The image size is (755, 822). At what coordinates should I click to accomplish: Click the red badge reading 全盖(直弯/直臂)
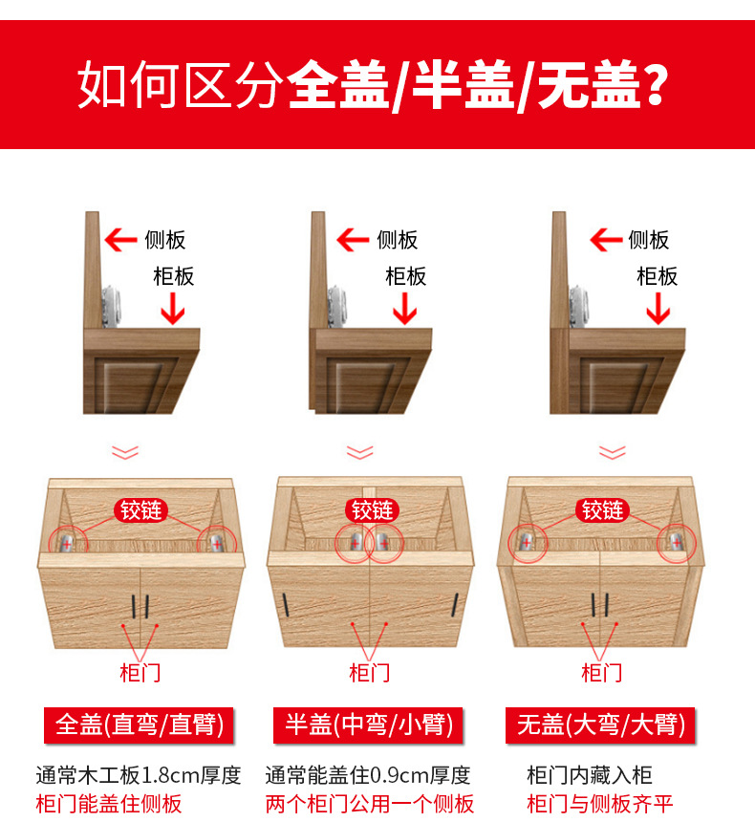click(x=140, y=725)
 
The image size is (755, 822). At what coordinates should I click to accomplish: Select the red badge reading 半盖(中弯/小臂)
click(x=369, y=725)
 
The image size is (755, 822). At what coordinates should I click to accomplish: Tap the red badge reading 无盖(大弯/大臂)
click(x=601, y=725)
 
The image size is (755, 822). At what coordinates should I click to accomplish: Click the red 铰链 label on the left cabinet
click(x=141, y=510)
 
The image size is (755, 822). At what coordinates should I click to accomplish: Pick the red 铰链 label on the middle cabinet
click(x=372, y=510)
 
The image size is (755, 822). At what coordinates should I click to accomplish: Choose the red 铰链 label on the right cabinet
click(x=602, y=510)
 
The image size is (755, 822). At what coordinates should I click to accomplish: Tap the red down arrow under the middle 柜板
click(x=405, y=308)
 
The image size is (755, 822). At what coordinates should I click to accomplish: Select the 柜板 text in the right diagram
click(x=657, y=276)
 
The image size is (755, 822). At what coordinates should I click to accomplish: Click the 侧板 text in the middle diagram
click(x=397, y=239)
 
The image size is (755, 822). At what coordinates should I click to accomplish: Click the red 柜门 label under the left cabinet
click(x=140, y=672)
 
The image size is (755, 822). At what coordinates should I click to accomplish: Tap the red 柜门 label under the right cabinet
click(x=602, y=672)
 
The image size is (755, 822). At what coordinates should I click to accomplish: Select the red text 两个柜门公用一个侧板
click(x=369, y=804)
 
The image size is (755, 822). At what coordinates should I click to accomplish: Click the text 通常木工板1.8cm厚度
click(x=138, y=775)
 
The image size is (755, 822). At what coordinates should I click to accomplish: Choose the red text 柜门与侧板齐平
click(x=600, y=804)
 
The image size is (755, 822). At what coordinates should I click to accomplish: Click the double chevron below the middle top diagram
click(x=360, y=451)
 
